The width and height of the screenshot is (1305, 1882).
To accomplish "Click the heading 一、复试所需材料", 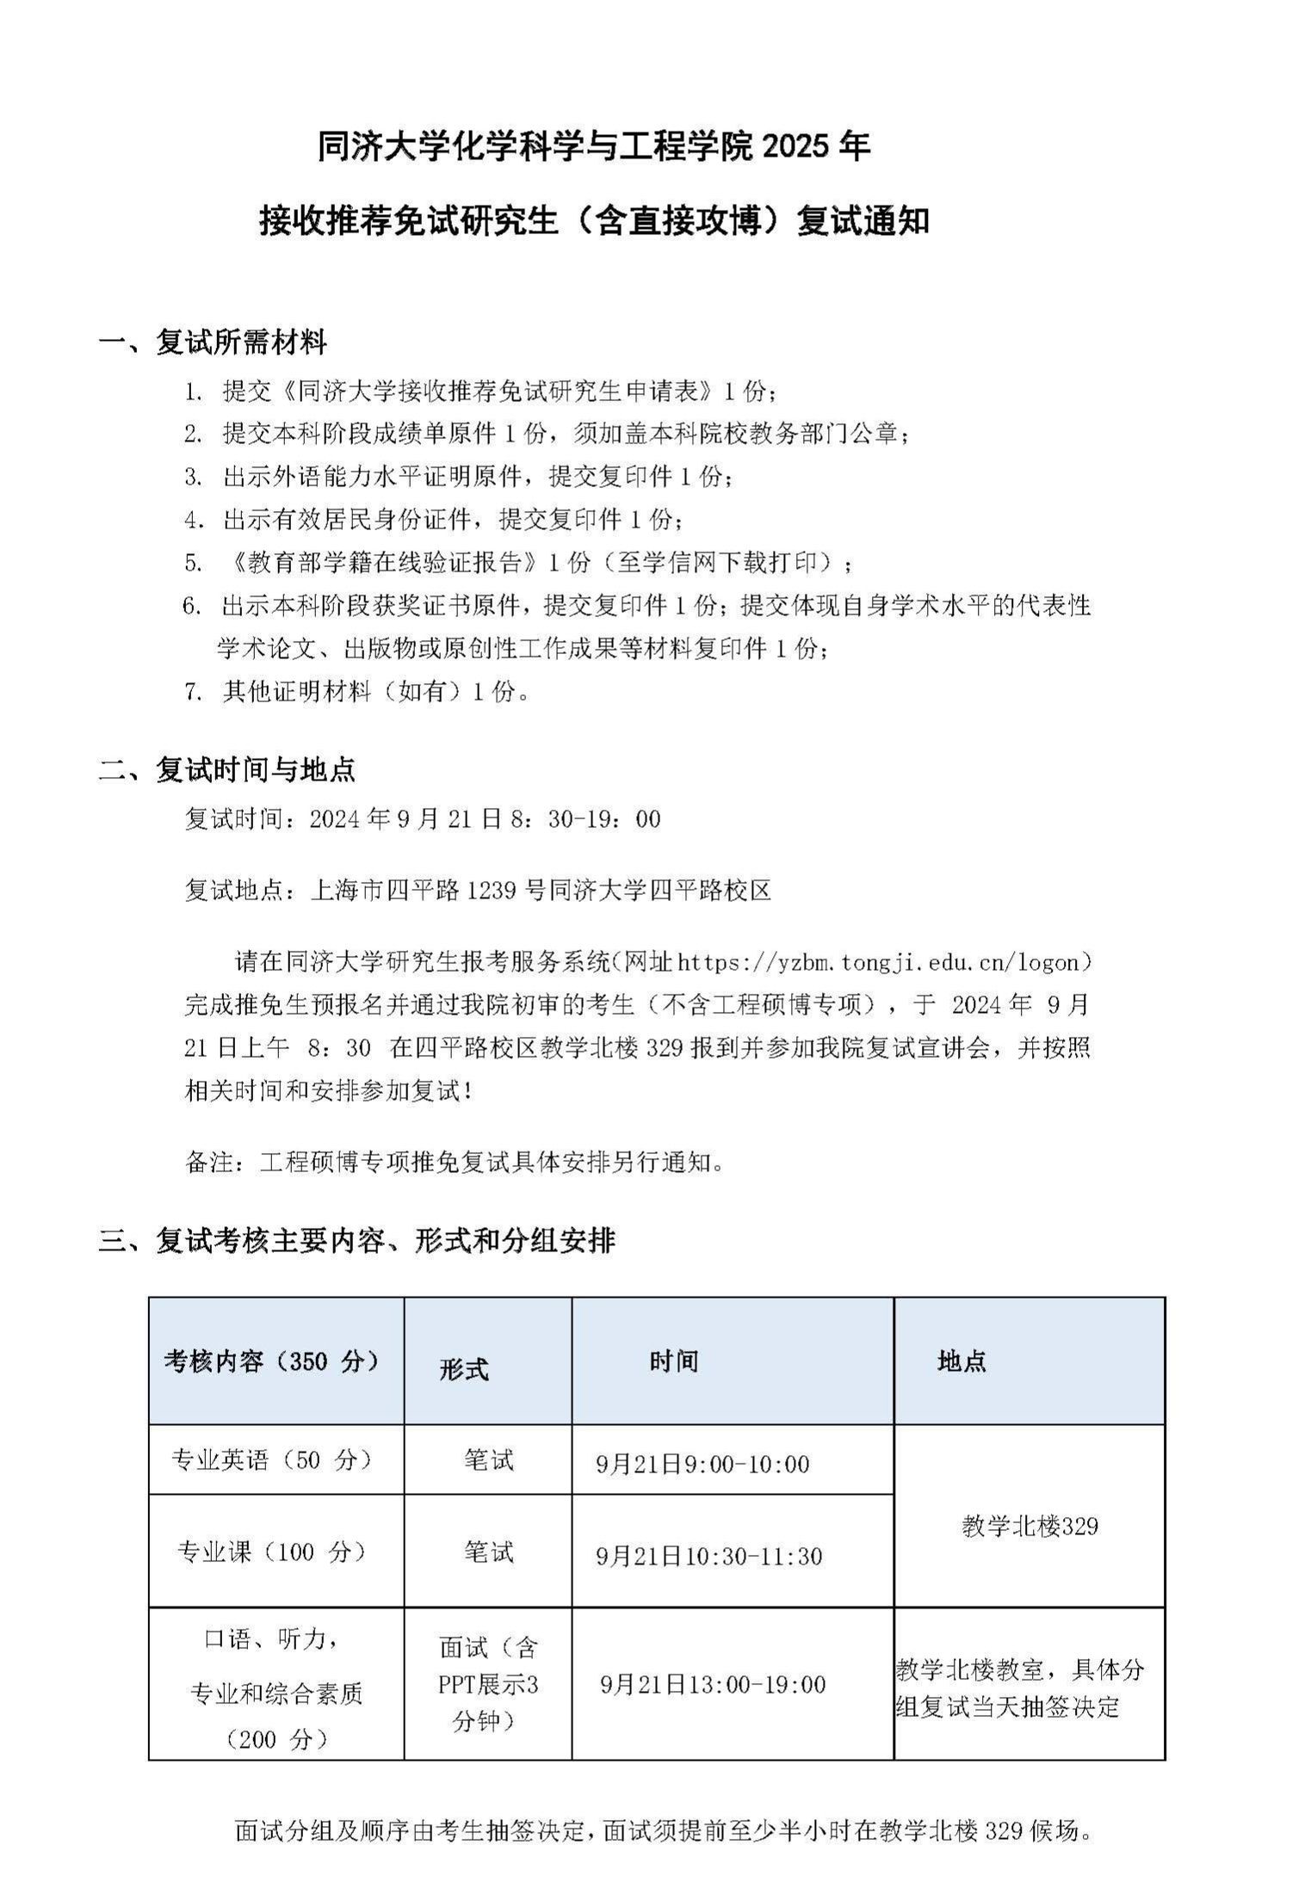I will [213, 342].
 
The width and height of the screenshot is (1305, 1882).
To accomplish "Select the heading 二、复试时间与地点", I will [227, 769].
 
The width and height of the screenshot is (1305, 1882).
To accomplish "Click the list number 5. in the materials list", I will [193, 563].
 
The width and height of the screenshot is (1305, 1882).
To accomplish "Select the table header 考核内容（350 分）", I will [272, 1361].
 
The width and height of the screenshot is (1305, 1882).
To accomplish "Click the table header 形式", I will [463, 1369].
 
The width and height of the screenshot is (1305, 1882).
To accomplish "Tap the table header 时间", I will [673, 1361].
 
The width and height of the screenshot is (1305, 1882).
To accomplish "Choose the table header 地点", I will [962, 1361].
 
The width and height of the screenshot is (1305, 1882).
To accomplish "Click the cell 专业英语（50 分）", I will [272, 1459].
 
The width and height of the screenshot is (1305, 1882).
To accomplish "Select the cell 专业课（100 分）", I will [272, 1552].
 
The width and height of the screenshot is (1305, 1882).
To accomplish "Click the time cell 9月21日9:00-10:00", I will [702, 1464].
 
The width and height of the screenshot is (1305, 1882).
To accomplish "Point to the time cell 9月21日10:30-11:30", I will [708, 1556].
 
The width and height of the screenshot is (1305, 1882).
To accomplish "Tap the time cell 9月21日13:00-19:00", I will [713, 1684].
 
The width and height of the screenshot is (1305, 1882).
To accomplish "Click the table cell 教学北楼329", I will [1030, 1527].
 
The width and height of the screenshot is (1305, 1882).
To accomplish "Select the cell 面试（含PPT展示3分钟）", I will [488, 1684].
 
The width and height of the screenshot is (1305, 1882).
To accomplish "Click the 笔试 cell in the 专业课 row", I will [488, 1552].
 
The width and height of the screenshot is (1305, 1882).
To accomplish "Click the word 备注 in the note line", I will [209, 1162].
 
